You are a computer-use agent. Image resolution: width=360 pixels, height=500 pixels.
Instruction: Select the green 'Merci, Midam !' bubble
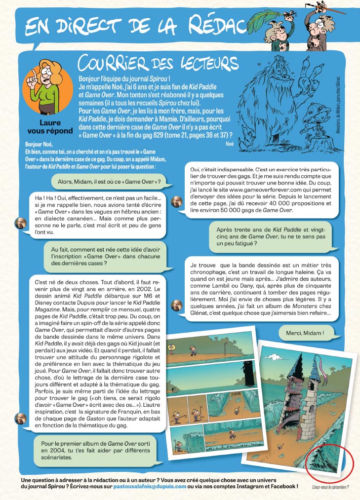tap(305, 333)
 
